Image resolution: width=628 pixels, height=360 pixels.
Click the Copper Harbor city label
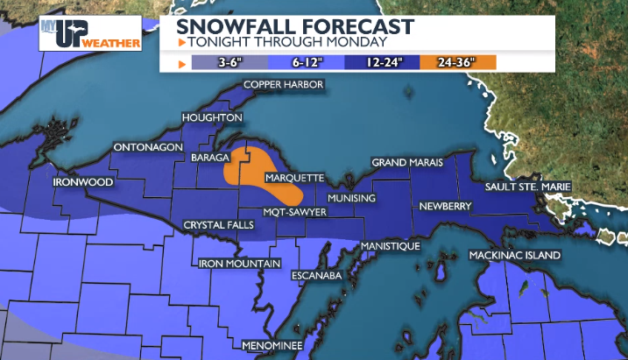[284, 85]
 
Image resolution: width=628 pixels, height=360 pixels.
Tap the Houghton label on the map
[211, 117]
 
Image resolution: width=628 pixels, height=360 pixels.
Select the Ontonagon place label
[146, 148]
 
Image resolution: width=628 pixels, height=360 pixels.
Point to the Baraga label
[209, 158]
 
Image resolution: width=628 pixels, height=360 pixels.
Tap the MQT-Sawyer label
[296, 212]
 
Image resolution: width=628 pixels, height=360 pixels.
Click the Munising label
[352, 198]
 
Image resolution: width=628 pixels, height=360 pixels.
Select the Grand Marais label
[407, 163]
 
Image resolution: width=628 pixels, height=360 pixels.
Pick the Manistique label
[391, 246]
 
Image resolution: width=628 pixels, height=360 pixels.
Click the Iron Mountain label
[239, 263]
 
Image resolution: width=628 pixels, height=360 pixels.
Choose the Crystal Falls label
[218, 225]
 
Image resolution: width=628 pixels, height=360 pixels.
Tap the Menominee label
[272, 345]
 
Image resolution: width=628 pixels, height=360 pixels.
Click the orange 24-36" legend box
[458, 62]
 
